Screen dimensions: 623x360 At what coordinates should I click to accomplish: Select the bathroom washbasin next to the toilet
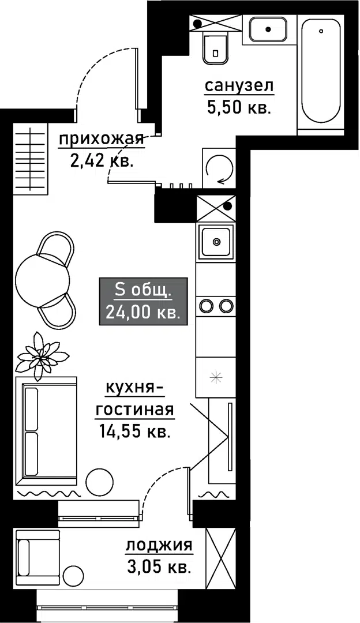268,28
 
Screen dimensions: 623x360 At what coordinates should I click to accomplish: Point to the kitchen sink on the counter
216,241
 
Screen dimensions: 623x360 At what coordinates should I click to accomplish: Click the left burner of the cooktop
206,305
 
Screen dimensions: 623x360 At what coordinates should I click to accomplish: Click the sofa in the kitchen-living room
48,431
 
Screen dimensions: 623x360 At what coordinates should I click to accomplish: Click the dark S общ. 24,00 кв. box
143,301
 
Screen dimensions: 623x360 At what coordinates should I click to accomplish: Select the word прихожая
101,139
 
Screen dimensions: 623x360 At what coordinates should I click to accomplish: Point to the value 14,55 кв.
134,431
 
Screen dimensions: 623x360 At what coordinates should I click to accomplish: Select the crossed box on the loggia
221,557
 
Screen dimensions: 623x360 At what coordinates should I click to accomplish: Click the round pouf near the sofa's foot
99,481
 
